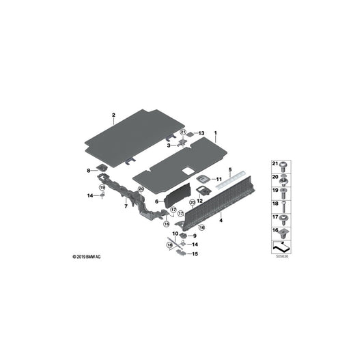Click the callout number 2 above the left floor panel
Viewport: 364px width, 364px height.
(x=113, y=115)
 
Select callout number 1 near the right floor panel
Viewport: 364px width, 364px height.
(x=216, y=133)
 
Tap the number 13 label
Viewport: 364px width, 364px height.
(x=201, y=133)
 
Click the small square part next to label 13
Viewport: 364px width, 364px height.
(x=190, y=134)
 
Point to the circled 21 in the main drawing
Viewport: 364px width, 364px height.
(x=184, y=132)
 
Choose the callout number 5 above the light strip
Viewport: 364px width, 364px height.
(x=230, y=169)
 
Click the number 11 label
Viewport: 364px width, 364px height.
(x=219, y=179)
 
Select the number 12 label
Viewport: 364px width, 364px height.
(x=199, y=201)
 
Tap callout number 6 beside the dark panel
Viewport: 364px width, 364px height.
(x=156, y=201)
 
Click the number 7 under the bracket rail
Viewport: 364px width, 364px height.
(x=126, y=206)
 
